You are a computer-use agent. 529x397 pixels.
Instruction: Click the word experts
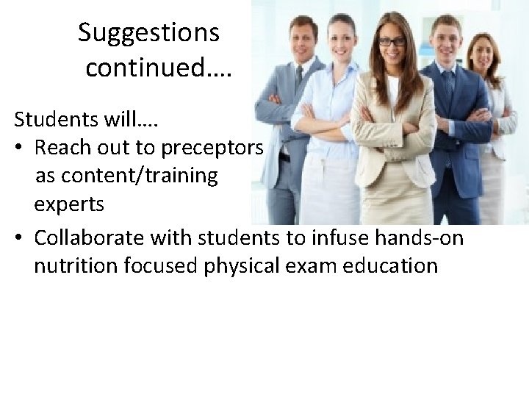coord(68,205)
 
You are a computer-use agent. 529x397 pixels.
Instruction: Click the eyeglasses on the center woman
coord(391,41)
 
